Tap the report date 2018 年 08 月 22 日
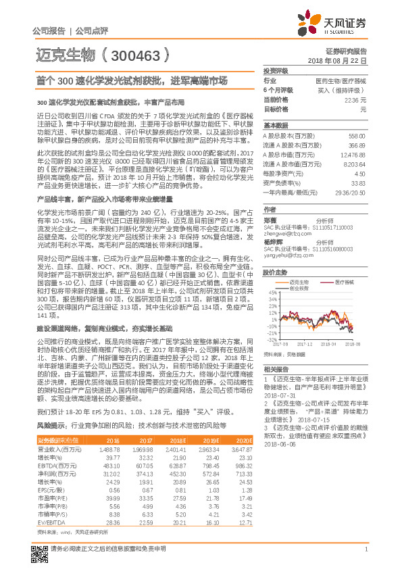(x=346, y=61)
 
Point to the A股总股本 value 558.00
(x=357, y=135)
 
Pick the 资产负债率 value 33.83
(x=359, y=182)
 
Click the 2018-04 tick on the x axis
(x=327, y=343)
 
